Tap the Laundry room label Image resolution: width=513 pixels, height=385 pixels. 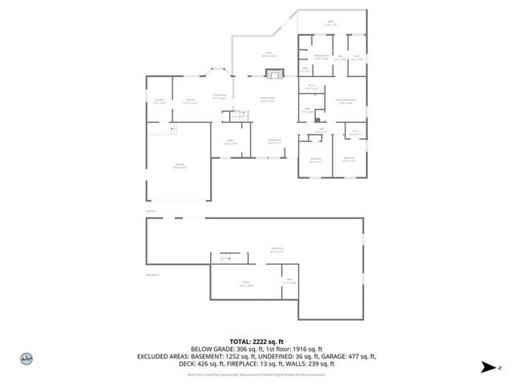(159, 101)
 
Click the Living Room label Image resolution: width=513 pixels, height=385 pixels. (274, 141)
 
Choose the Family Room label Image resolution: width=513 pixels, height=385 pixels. (267, 100)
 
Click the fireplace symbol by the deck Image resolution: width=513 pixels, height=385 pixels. (273, 75)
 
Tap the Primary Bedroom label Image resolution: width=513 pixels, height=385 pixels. (345, 101)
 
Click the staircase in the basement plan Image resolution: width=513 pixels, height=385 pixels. (225, 258)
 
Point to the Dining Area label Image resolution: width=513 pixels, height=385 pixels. (218, 96)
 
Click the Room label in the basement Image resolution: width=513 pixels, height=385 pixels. (245, 283)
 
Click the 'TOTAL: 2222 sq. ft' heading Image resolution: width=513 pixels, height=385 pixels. (256, 342)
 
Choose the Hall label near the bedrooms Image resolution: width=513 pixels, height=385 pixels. (321, 130)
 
